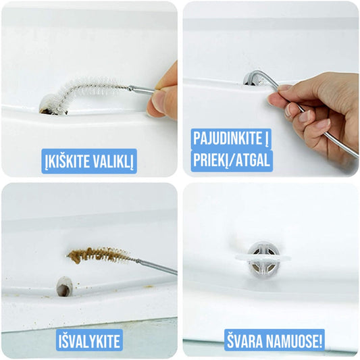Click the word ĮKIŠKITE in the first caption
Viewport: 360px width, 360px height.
tap(65, 161)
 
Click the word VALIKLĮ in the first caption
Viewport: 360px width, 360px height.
tap(111, 161)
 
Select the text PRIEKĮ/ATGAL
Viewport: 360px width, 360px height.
tap(231, 160)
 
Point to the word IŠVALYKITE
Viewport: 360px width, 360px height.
tap(89, 341)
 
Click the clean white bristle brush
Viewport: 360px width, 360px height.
tap(87, 92)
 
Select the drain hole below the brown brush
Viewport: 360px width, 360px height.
tap(64, 286)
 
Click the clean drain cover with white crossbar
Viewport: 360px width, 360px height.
tap(263, 259)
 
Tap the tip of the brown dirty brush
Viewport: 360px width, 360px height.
tap(68, 256)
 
